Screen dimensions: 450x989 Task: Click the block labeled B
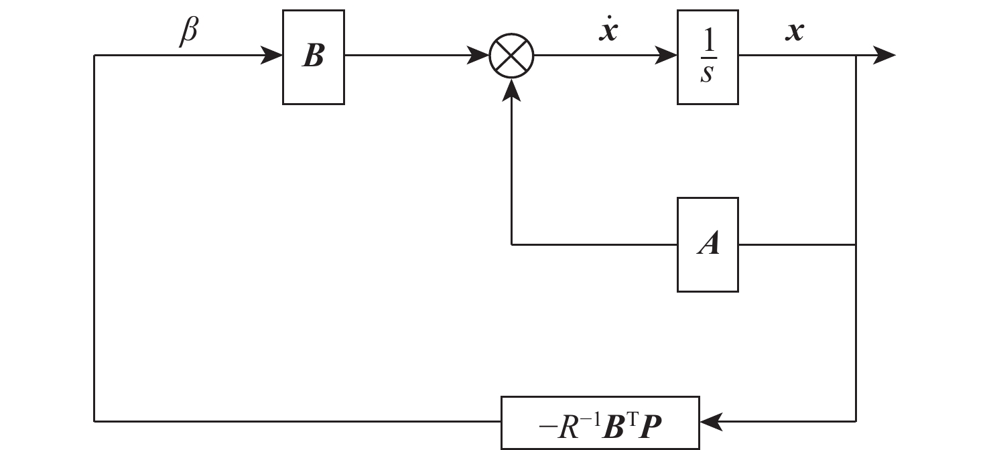[x=313, y=57]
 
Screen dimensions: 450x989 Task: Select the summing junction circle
[x=512, y=56]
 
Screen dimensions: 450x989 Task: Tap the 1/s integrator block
[x=708, y=57]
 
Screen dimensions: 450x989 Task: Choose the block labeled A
[x=708, y=244]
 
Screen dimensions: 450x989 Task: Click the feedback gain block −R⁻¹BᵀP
[x=600, y=423]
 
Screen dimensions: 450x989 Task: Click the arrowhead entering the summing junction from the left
[x=480, y=56]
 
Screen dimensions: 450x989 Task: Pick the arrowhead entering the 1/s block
[x=667, y=56]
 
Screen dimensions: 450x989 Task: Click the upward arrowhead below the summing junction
[x=512, y=88]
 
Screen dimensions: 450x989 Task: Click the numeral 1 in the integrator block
[x=708, y=44]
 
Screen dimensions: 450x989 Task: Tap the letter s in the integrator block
[x=707, y=74]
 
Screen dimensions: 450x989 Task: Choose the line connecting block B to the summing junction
[x=409, y=56]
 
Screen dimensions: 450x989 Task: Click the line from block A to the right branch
[x=797, y=244]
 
